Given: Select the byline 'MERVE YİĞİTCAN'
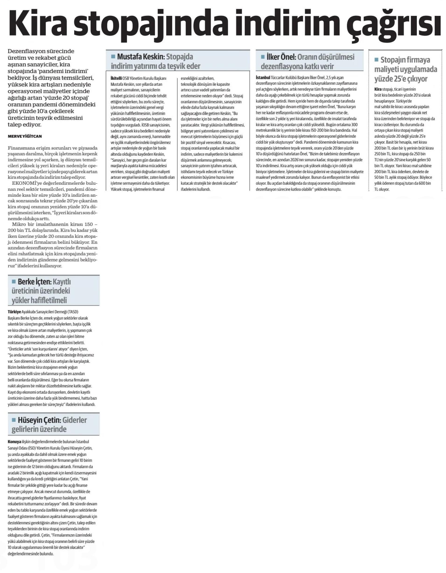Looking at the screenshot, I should [x=25, y=137].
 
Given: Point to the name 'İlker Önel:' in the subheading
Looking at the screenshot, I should [x=281, y=57].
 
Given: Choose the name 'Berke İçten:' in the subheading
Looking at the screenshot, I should [x=34, y=282].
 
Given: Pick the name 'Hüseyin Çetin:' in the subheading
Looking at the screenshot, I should [x=39, y=420].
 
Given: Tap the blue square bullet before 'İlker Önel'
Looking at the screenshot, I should [x=263, y=56].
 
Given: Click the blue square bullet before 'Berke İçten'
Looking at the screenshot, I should [x=14, y=282].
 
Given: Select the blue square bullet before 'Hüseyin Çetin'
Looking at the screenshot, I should [x=14, y=420].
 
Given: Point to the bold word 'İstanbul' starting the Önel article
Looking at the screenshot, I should [x=263, y=78].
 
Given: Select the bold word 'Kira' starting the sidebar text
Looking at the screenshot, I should [x=378, y=89].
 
